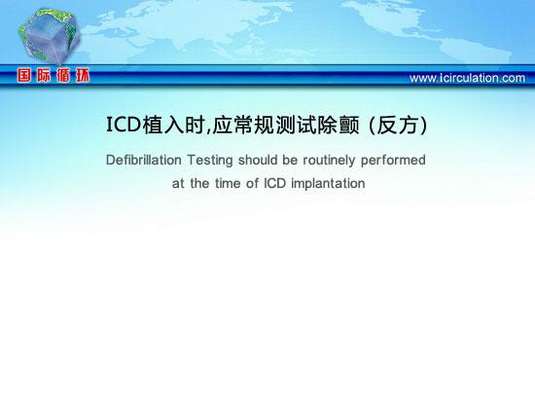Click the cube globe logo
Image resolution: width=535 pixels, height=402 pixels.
[50, 37]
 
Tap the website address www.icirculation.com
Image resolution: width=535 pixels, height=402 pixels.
[467, 78]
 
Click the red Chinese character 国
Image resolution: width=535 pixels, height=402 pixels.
[24, 75]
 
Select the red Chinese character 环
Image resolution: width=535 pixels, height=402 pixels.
[83, 75]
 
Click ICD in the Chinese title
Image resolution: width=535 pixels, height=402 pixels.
[124, 125]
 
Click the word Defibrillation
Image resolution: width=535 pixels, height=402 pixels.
[144, 160]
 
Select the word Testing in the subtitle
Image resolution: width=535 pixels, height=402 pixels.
[210, 161]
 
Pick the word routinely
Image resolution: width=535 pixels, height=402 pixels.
[329, 161]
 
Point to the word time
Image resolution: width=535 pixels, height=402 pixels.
[228, 183]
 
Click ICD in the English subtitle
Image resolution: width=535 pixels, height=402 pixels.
[274, 183]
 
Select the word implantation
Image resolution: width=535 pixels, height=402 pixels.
[328, 184]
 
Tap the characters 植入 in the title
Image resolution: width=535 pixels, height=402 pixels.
[163, 125]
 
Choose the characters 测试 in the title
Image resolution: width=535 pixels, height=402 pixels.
[296, 125]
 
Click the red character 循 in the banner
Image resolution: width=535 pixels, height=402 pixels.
[63, 75]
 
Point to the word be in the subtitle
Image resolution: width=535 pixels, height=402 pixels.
[290, 160]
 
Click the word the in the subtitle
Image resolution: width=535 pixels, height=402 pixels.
[199, 183]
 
